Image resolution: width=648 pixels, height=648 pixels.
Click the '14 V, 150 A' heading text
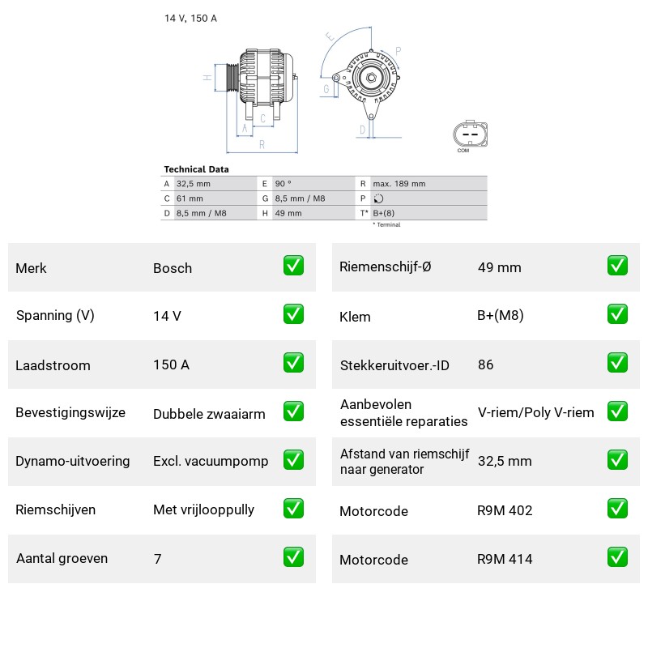click(190, 18)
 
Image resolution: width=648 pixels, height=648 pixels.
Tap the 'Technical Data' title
click(196, 169)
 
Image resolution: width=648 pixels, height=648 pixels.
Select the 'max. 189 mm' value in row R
click(399, 184)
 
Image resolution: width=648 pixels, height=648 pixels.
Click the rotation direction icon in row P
click(378, 198)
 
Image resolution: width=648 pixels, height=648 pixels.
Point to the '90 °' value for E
click(283, 184)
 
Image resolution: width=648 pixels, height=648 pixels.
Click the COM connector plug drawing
click(471, 134)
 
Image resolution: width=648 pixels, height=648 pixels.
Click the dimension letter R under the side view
click(262, 145)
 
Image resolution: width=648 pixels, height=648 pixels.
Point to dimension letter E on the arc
click(330, 36)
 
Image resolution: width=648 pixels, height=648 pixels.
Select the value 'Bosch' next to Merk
click(173, 268)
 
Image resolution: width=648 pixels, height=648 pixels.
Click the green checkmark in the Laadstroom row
click(293, 362)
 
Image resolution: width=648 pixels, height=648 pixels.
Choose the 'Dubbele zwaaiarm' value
click(209, 414)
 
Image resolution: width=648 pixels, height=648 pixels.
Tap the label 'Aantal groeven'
click(62, 558)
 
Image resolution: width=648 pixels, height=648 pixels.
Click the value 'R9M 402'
click(505, 510)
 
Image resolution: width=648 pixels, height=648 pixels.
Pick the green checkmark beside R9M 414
click(617, 557)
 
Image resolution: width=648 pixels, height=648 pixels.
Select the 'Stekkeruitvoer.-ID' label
click(394, 365)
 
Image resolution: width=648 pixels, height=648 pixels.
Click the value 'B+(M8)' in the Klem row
click(501, 316)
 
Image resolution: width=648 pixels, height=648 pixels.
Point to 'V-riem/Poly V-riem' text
click(536, 412)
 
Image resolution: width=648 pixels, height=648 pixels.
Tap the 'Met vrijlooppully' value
click(204, 510)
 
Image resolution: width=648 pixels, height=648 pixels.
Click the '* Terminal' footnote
click(387, 225)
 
